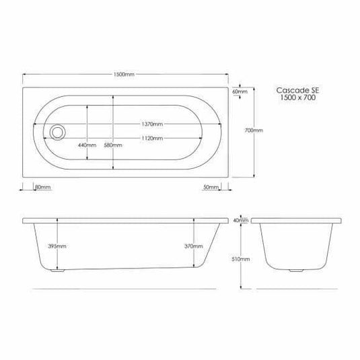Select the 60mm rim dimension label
(239, 90)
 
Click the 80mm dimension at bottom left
(42, 186)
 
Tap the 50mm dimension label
(211, 186)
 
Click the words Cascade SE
(296, 89)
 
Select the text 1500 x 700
(296, 98)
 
